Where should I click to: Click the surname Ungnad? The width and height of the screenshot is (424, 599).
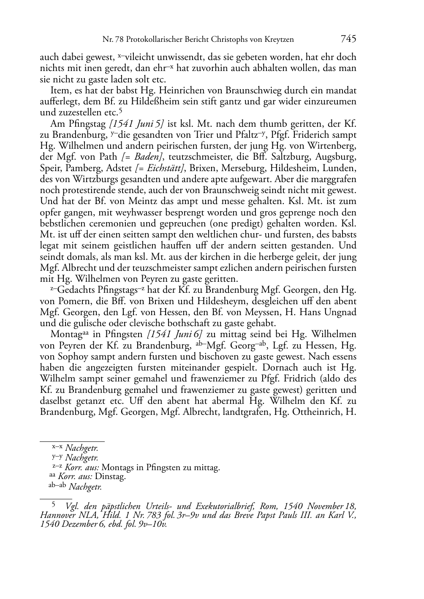pos(340,312)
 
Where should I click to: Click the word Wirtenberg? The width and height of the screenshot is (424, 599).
pos(333,146)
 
